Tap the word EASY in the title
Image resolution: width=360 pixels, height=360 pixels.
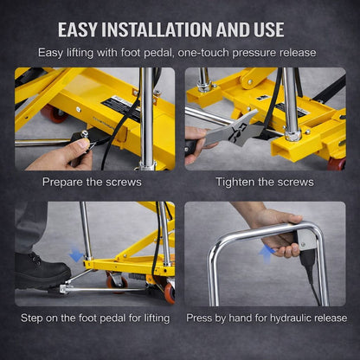pyautogui.click(x=80, y=29)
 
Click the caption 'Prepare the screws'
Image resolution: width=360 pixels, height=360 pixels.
pyautogui.click(x=92, y=183)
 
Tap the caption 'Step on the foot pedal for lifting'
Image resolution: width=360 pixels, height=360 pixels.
pyautogui.click(x=93, y=318)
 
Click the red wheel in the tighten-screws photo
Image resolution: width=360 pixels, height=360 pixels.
pyautogui.click(x=336, y=163)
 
